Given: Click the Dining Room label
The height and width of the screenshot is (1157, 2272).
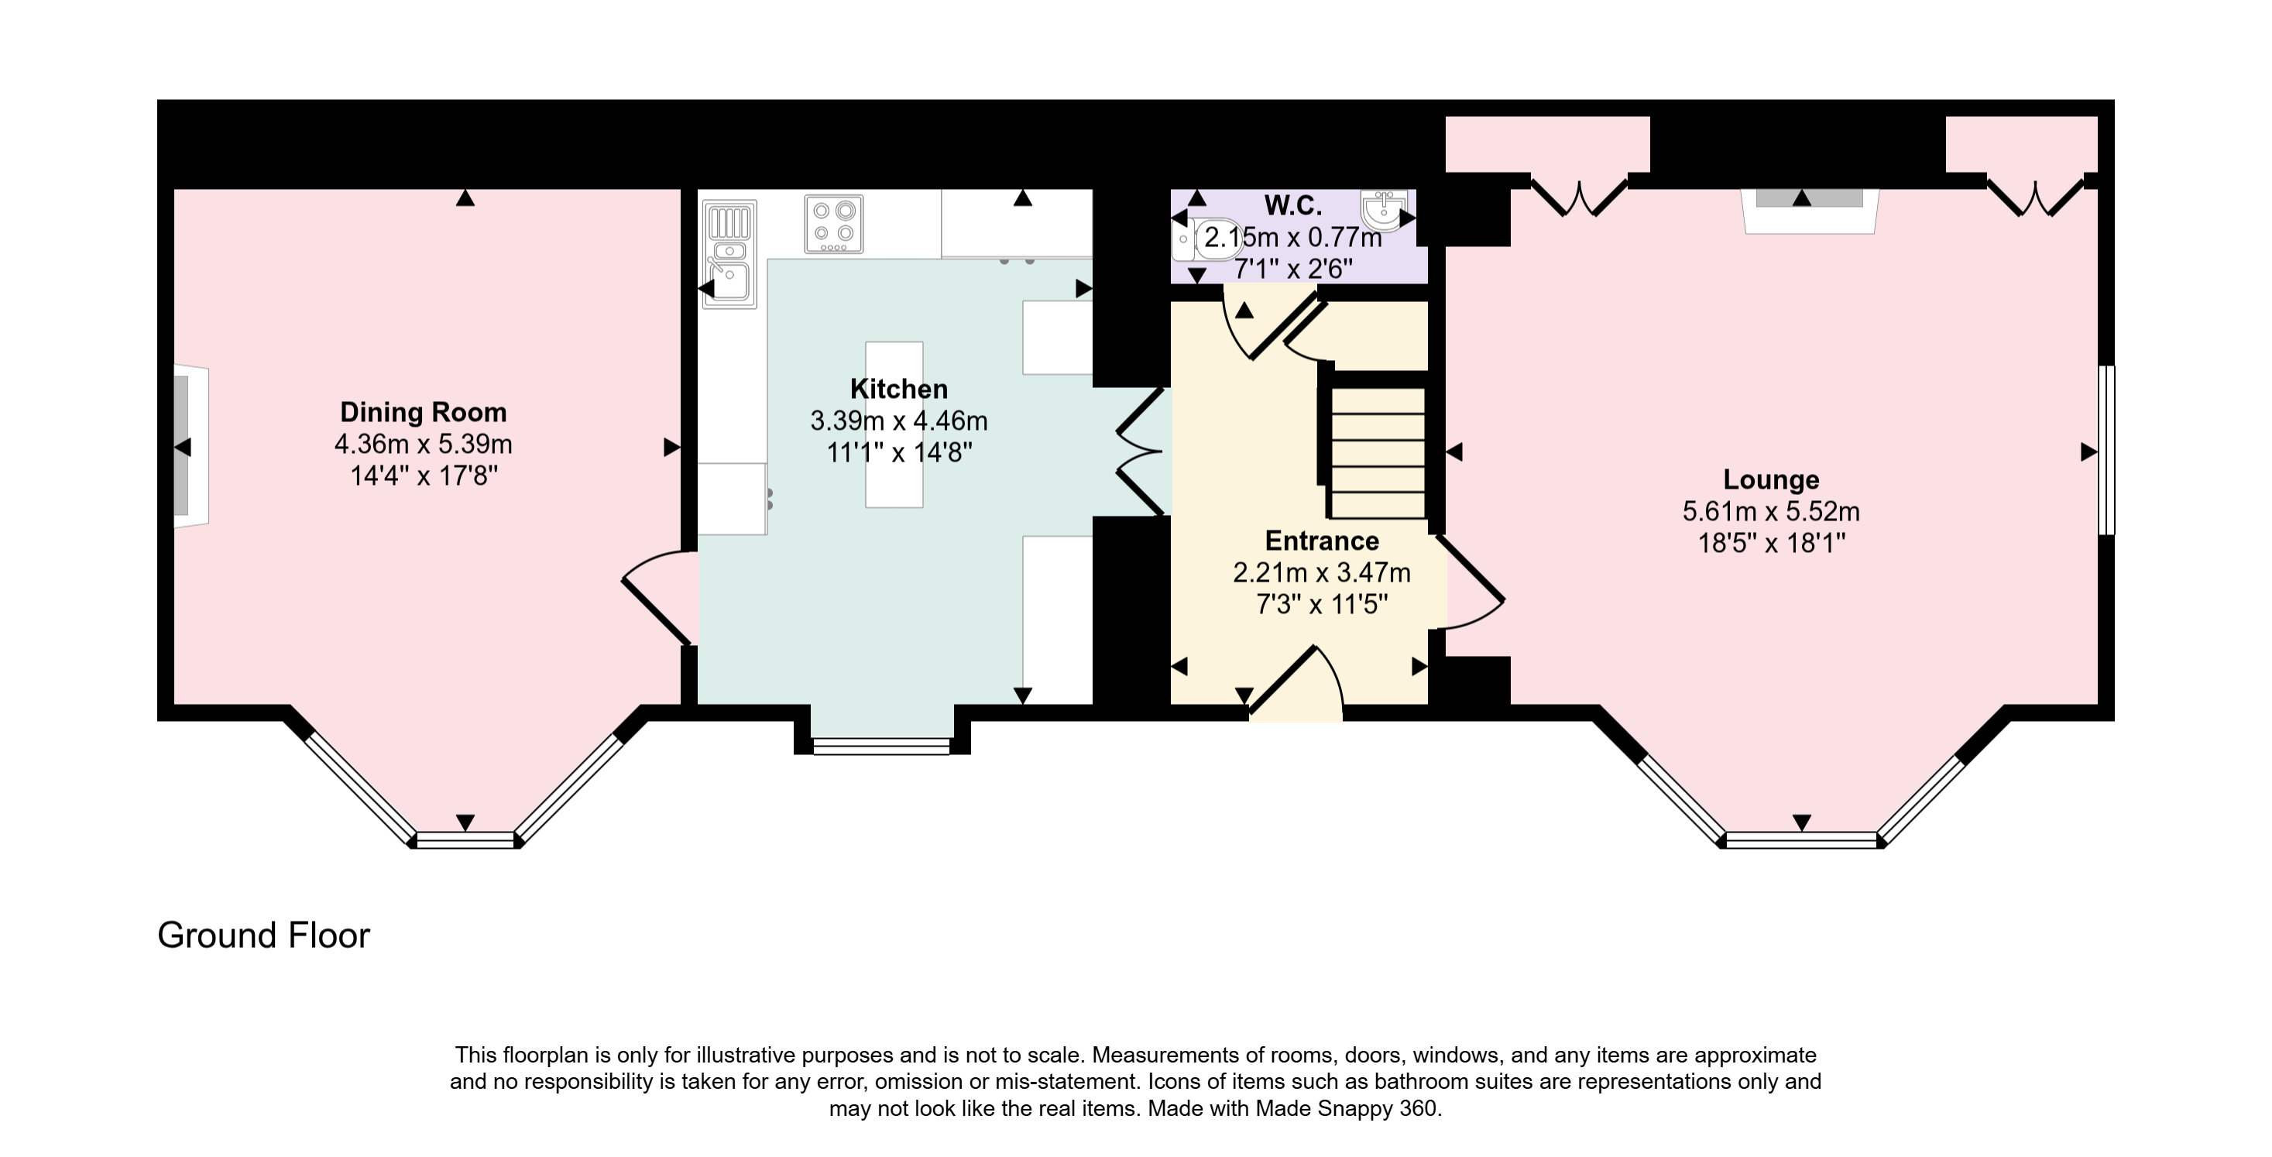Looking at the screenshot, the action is pyautogui.click(x=424, y=412).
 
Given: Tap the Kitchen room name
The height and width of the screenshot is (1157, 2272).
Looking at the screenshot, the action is pyautogui.click(x=899, y=389).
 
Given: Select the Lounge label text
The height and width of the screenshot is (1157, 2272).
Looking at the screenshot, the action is pyautogui.click(x=1771, y=479).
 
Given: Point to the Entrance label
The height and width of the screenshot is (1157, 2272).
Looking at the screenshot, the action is pyautogui.click(x=1321, y=541).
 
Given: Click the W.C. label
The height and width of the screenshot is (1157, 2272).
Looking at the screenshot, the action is pyautogui.click(x=1293, y=205).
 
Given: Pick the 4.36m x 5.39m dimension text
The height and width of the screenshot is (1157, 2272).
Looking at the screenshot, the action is pyautogui.click(x=424, y=444).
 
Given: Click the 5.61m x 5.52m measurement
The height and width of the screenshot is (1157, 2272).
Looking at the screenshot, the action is pyautogui.click(x=1771, y=511).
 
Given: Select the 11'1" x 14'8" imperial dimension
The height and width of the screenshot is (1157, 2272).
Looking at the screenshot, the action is pyautogui.click(x=899, y=452).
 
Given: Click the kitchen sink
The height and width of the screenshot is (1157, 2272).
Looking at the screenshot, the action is pyautogui.click(x=729, y=254).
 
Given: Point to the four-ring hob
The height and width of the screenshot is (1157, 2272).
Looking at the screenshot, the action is pyautogui.click(x=833, y=224).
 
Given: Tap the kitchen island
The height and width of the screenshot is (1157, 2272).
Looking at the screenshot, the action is pyautogui.click(x=894, y=424).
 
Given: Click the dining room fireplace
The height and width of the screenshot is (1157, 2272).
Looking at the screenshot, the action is pyautogui.click(x=190, y=446).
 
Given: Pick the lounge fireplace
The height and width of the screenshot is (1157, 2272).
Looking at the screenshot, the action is pyautogui.click(x=1810, y=211).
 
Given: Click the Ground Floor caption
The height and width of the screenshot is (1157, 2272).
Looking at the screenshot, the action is pyautogui.click(x=264, y=936).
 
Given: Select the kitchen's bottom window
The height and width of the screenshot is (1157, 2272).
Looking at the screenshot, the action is pyautogui.click(x=881, y=746).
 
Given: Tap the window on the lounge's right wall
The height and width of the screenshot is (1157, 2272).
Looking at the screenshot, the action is pyautogui.click(x=2106, y=450).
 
